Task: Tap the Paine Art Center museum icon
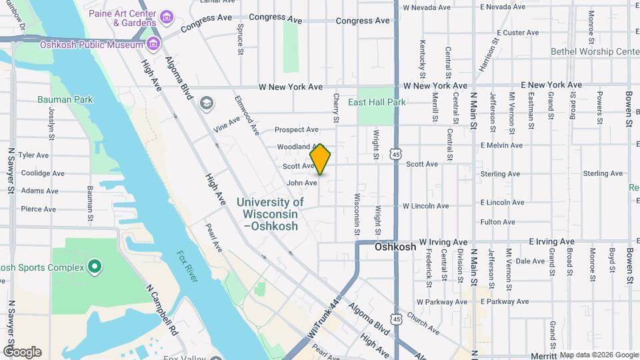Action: tap(167, 15)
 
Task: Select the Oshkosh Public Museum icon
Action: tap(154, 45)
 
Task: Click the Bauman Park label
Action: tap(65, 100)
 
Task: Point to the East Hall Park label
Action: tap(377, 103)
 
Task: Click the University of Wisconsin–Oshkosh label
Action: tap(270, 214)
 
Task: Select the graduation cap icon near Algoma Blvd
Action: tap(206, 102)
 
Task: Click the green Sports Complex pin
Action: tap(95, 267)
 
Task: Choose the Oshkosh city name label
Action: tap(395, 247)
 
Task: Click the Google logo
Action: tap(21, 351)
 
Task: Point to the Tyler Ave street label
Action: tap(34, 155)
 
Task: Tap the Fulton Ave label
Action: tap(497, 222)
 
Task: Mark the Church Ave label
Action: tap(423, 324)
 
